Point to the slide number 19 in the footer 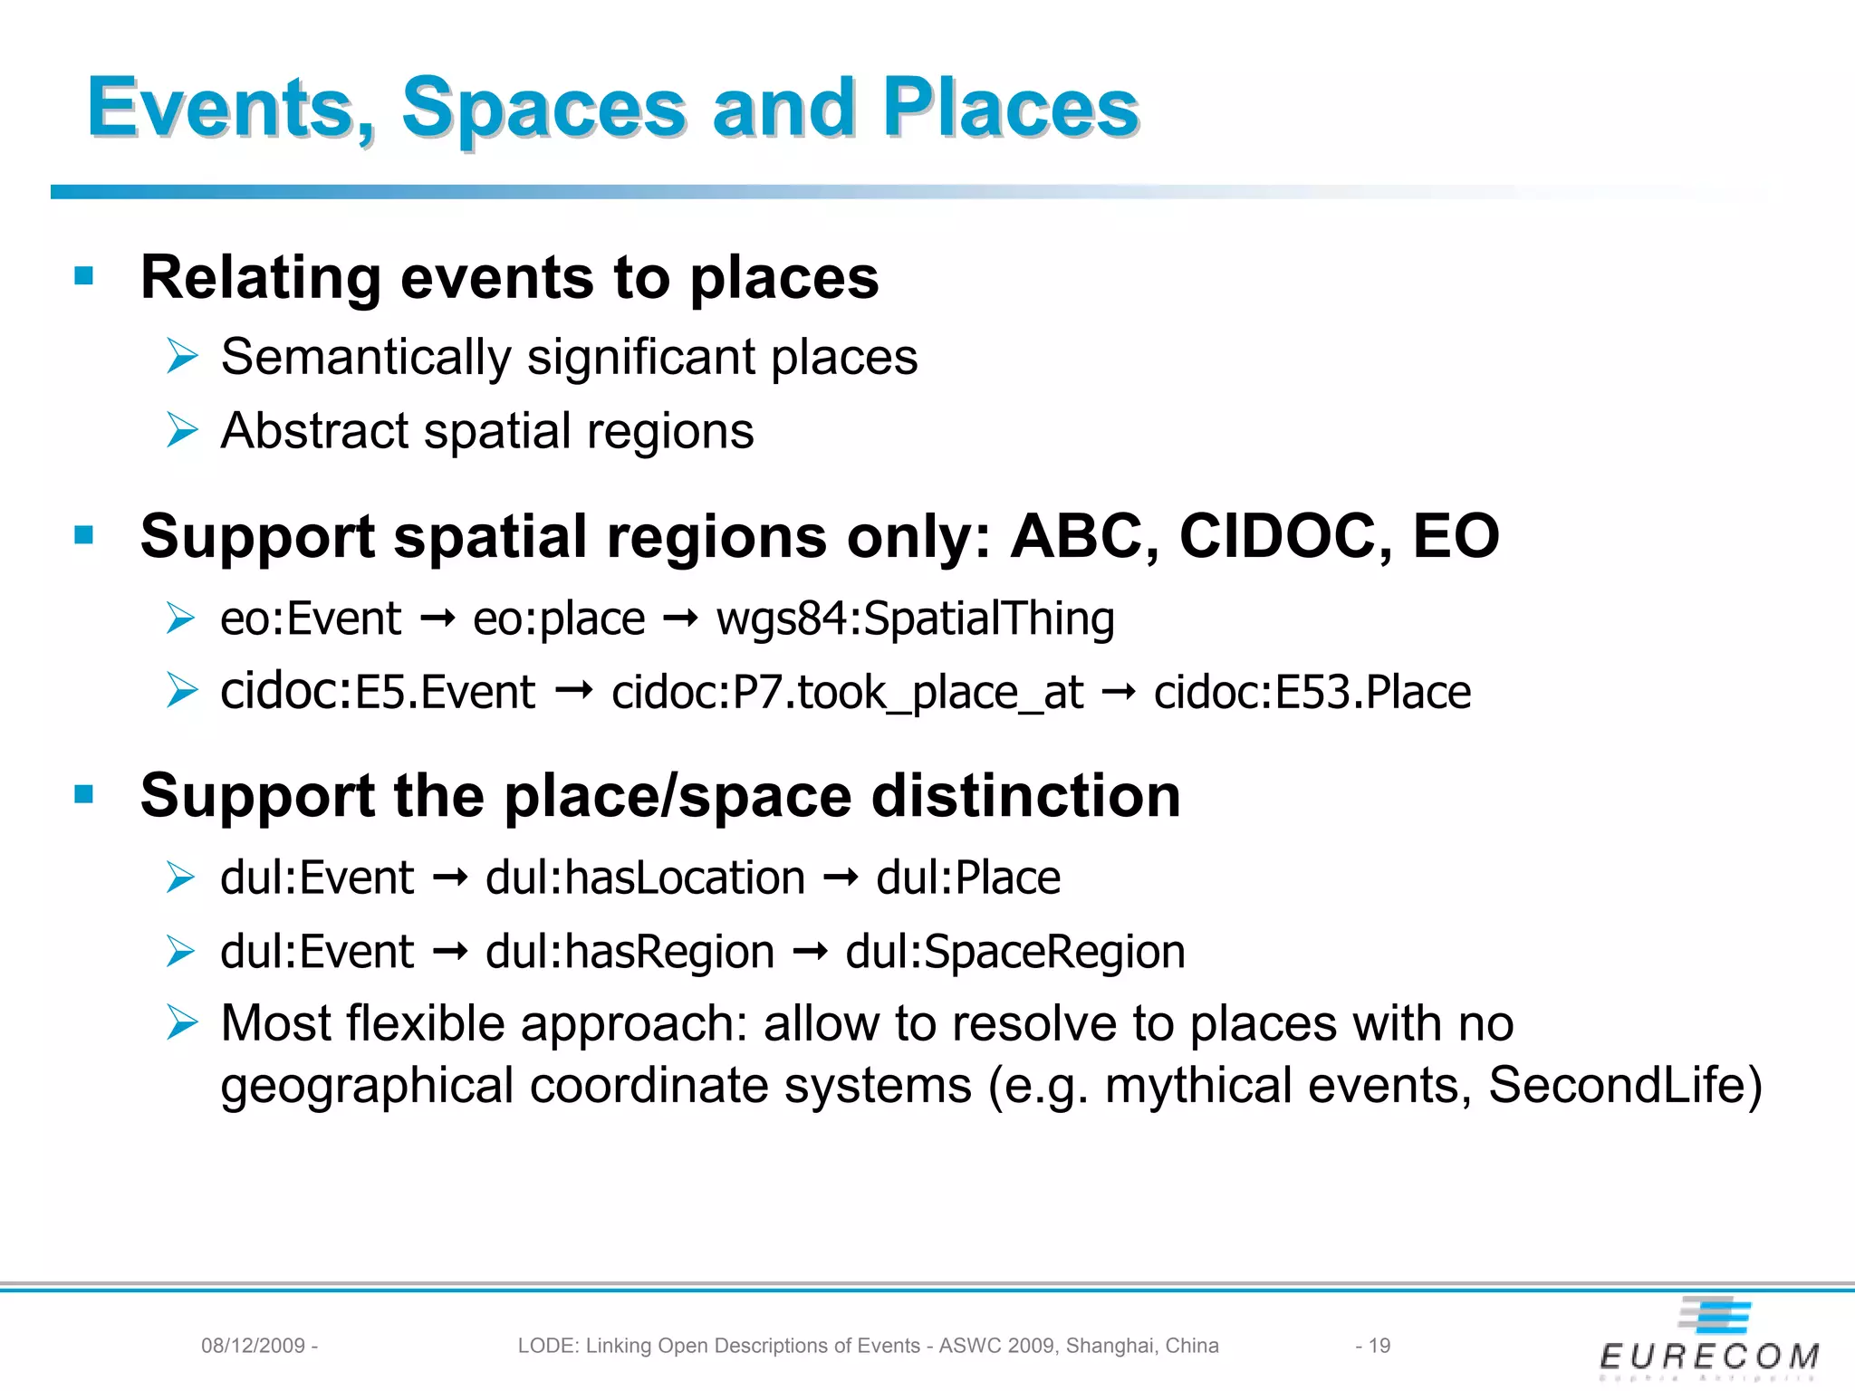click(1379, 1346)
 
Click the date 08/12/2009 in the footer click(253, 1346)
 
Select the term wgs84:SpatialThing click(915, 620)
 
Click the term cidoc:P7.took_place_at click(847, 694)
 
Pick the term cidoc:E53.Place click(1312, 694)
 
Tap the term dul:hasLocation click(645, 878)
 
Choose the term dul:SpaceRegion click(1014, 953)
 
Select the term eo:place click(559, 620)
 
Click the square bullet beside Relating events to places click(84, 276)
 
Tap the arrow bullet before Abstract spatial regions click(181, 430)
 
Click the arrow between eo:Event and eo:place click(437, 619)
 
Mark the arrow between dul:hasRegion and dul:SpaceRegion click(810, 952)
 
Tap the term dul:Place click(967, 878)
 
